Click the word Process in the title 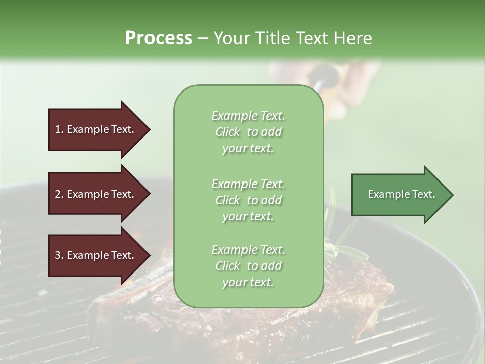pos(159,38)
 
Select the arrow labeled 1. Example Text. pos(96,129)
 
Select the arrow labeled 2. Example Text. pos(96,194)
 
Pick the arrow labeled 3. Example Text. pos(96,255)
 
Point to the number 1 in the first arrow pos(58,129)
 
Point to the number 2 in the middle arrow pos(58,194)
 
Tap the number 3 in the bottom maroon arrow pos(58,255)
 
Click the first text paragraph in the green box pos(248,132)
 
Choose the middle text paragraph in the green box pos(248,200)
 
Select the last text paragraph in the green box pos(248,266)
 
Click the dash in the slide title pos(203,38)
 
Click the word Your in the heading pos(231,38)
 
